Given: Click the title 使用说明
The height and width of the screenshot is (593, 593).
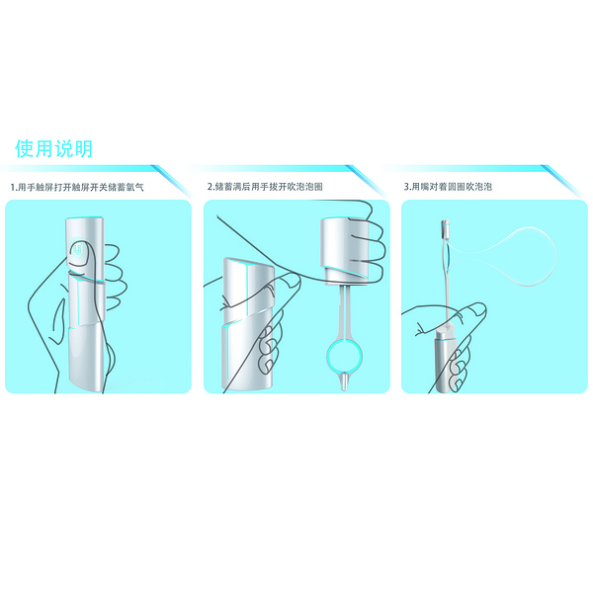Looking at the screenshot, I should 53,149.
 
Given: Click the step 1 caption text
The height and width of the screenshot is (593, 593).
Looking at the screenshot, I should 77,186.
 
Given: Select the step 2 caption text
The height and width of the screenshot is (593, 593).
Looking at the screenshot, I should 266,186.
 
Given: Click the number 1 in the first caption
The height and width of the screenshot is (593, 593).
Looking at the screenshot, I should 13,186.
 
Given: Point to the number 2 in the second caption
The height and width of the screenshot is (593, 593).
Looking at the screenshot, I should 211,186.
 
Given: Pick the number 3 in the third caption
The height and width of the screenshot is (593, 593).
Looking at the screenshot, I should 407,186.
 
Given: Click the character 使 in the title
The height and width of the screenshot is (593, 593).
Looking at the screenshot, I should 24,149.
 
